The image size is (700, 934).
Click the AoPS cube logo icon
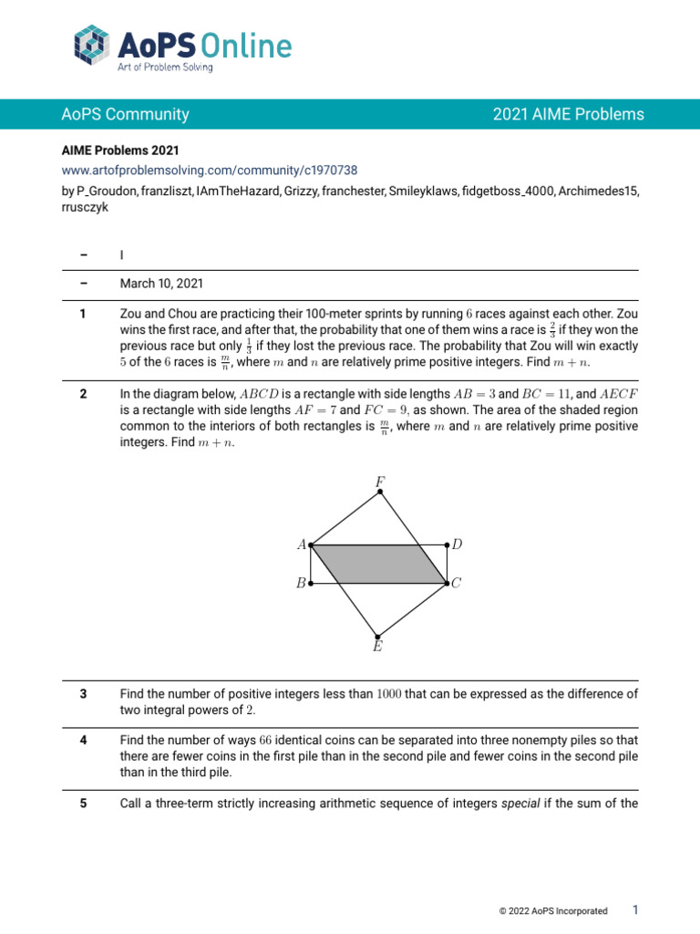(93, 47)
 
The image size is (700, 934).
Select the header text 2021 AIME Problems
(568, 115)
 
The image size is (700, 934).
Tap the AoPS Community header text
(125, 115)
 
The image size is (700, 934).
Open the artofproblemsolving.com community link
(209, 170)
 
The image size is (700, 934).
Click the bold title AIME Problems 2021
(119, 150)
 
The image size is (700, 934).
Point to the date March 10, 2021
(161, 284)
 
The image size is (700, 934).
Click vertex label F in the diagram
(379, 481)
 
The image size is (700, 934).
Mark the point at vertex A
(311, 545)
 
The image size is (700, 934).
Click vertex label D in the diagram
(458, 545)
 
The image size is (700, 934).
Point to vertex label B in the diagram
(300, 584)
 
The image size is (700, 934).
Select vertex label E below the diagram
(377, 647)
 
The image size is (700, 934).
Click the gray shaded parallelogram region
(378, 564)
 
